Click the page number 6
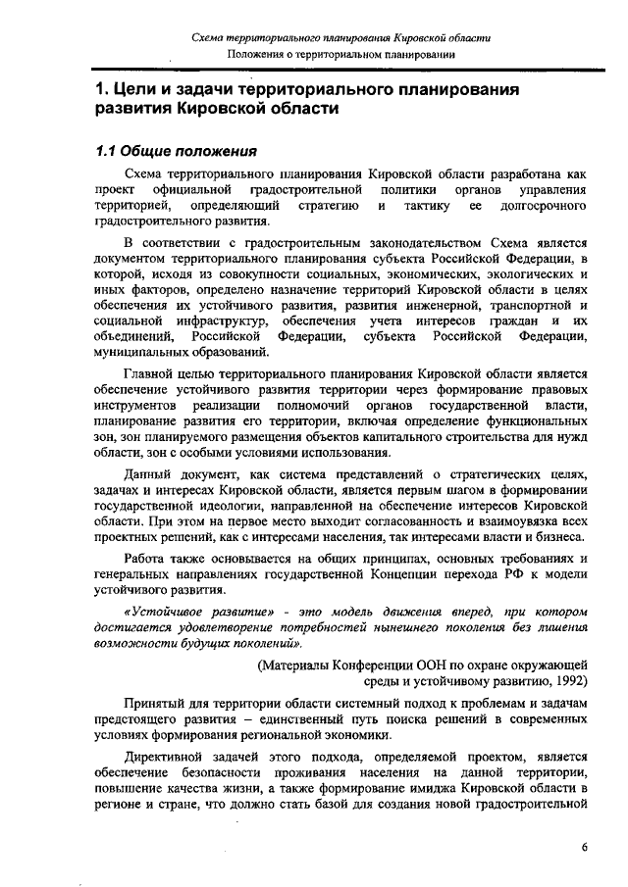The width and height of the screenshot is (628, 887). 583,849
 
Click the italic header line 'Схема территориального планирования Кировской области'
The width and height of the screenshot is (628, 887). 340,36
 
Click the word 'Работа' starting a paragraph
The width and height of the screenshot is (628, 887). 149,559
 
